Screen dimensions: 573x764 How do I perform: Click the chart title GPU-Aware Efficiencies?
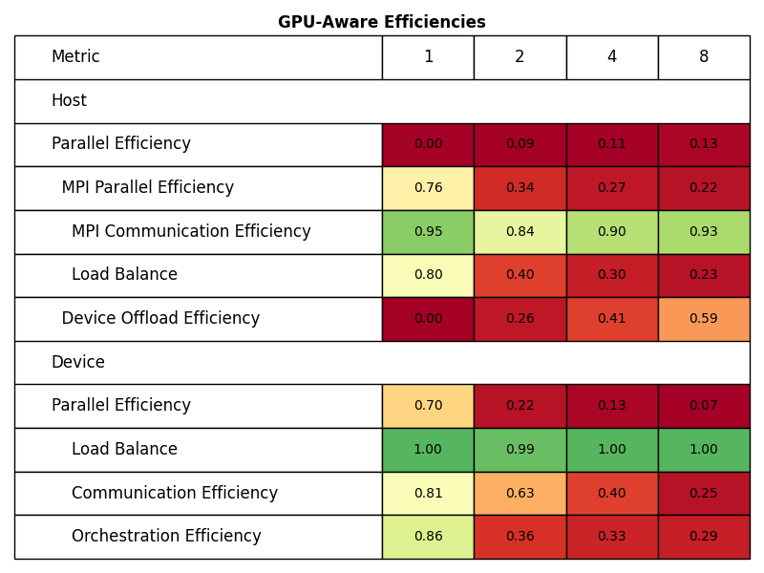(381, 22)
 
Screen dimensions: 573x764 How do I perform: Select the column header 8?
(704, 57)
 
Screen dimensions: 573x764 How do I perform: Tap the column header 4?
(611, 57)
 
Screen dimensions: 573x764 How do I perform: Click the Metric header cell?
(75, 57)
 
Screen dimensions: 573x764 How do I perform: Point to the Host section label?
(69, 101)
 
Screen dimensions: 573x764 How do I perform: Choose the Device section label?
(77, 363)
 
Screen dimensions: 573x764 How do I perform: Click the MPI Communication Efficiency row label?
(191, 232)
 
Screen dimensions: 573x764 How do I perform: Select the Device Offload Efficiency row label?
(160, 319)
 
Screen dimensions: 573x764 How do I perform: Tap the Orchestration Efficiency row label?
(166, 537)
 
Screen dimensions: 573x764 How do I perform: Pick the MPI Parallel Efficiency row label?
(148, 188)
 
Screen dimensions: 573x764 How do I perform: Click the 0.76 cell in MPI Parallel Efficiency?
(428, 188)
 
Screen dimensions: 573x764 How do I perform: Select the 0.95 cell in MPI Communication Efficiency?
(428, 232)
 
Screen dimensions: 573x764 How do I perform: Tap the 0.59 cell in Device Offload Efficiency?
(704, 319)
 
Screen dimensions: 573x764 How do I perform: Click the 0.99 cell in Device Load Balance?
(520, 450)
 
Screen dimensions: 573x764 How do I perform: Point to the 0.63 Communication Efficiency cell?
(520, 494)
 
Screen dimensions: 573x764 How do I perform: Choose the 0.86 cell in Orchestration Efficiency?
(428, 537)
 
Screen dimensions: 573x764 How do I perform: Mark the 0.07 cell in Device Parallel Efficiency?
(704, 406)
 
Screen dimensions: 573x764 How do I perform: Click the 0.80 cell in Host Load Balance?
(428, 275)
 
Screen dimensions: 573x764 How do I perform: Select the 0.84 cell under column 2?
(520, 232)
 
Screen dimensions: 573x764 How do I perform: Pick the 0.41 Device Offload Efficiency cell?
(611, 319)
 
